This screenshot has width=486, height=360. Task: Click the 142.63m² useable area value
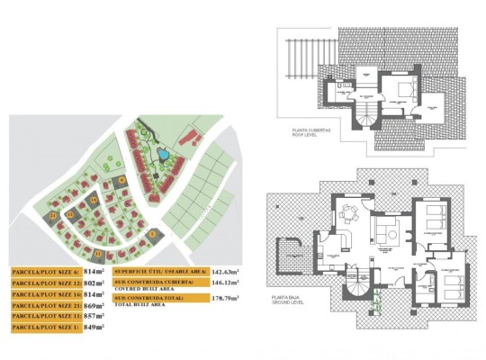(226, 270)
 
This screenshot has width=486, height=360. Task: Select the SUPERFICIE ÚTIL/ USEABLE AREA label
(159, 270)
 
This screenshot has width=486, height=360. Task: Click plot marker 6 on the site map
(121, 180)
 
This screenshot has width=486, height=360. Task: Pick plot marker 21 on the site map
(54, 216)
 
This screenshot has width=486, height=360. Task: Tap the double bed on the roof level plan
(402, 90)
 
